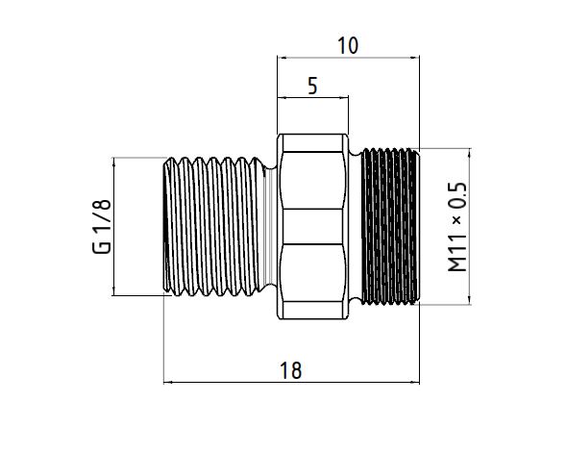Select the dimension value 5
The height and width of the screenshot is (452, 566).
tap(312, 86)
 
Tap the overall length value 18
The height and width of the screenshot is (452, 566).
tap(292, 370)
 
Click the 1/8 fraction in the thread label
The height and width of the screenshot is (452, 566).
tap(100, 213)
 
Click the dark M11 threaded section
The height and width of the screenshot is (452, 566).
tap(388, 226)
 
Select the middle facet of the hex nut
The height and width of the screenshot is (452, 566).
tap(313, 226)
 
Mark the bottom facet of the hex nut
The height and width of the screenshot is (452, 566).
tap(313, 282)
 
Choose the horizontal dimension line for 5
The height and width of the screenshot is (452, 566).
tap(312, 97)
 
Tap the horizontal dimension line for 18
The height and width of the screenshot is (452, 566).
tap(292, 383)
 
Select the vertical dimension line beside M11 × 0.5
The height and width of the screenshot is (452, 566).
tap(470, 226)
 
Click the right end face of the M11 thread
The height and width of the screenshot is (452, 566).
tap(418, 226)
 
